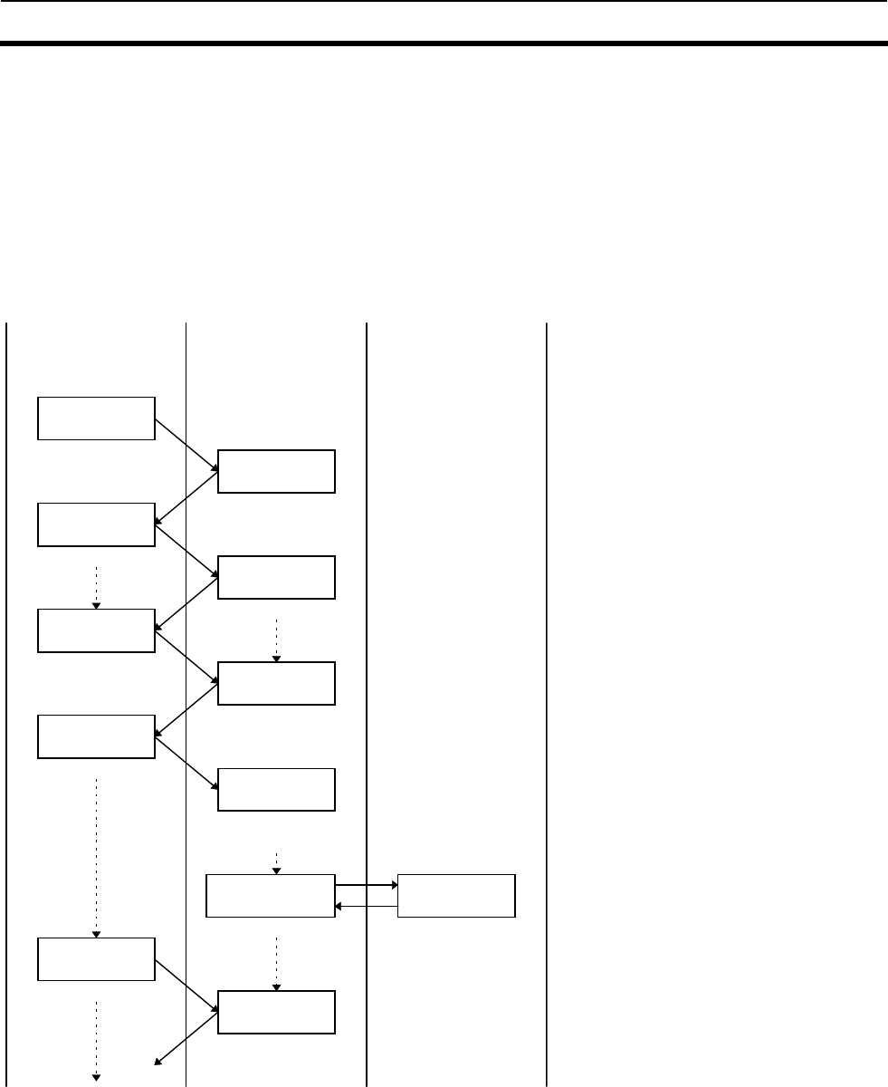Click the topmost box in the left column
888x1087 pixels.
point(96,418)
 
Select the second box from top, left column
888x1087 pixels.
point(96,524)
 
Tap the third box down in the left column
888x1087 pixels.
point(96,631)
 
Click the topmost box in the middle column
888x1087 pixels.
point(276,471)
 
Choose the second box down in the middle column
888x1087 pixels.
point(276,578)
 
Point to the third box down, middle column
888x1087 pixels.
point(276,684)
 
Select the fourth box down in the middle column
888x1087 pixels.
point(276,790)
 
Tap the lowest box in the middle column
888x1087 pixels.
point(276,1013)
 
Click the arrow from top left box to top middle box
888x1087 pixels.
point(186,445)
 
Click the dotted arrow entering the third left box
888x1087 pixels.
point(96,588)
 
